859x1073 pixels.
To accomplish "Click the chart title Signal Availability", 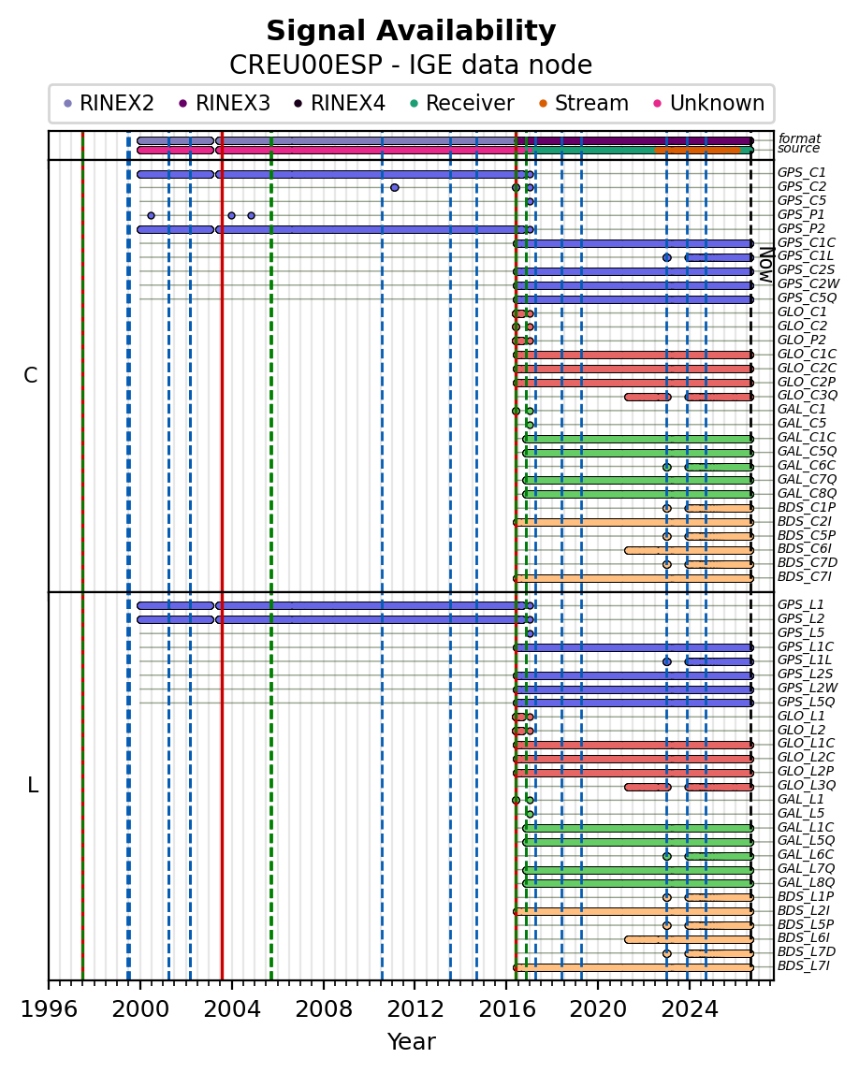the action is (411, 31).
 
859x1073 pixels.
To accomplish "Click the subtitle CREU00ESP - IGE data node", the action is (411, 65).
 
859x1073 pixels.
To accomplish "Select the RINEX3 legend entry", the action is (226, 103).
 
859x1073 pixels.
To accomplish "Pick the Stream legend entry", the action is (584, 103).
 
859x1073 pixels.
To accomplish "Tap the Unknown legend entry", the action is (709, 103).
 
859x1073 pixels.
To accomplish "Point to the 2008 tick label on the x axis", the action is (323, 1008).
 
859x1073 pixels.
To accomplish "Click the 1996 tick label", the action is (49, 1008).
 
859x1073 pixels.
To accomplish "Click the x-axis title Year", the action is (412, 1041).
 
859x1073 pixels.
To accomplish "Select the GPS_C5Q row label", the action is (807, 298).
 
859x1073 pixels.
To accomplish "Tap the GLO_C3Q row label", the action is (808, 396).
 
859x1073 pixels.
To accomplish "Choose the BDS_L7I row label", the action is (804, 966).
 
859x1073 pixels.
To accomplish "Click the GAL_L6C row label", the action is (806, 855).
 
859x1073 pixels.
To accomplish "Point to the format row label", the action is (799, 138).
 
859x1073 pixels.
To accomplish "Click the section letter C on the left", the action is (31, 376).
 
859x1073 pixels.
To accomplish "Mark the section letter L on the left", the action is (32, 786).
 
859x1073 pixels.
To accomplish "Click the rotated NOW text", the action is (766, 265).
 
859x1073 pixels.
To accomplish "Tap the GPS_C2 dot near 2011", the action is (394, 187).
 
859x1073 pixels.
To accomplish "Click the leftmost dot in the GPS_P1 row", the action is (152, 215).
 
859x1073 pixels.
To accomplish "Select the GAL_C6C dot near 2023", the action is (666, 468).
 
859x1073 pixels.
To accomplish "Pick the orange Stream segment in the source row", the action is (697, 150).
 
